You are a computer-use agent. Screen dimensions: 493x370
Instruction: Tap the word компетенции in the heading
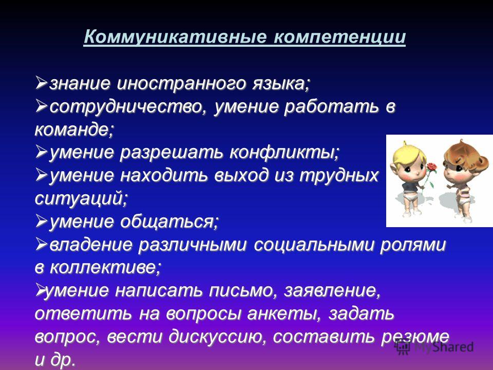[339, 38]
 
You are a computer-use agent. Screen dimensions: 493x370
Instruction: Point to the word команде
[74, 129]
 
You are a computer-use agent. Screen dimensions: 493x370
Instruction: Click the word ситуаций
[82, 198]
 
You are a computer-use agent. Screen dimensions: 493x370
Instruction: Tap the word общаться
[169, 221]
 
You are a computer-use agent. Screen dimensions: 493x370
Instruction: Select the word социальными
[314, 245]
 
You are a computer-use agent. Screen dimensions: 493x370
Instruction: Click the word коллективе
[105, 267]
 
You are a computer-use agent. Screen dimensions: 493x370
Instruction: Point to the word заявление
[332, 290]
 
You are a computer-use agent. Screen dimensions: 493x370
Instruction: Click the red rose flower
[432, 166]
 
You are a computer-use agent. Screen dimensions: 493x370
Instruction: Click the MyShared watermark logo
[434, 347]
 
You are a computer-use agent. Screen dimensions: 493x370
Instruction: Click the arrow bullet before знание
[41, 83]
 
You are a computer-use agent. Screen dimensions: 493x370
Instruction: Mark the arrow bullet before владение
[41, 244]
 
